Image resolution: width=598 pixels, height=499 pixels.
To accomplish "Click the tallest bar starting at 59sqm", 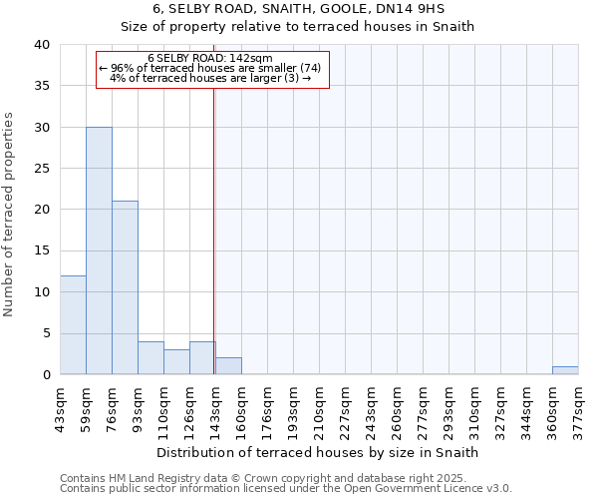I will pyautogui.click(x=99, y=250).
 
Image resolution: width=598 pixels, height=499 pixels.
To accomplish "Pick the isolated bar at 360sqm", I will pyautogui.click(x=565, y=370).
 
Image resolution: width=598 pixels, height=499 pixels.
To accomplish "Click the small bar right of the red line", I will pyautogui.click(x=228, y=366).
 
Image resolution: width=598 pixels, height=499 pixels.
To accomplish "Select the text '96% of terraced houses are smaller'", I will pyautogui.click(x=204, y=68).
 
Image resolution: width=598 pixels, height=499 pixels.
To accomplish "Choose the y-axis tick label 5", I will pyautogui.click(x=45, y=333).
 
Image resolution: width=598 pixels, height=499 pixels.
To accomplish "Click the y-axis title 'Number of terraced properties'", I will pyautogui.click(x=10, y=214).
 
